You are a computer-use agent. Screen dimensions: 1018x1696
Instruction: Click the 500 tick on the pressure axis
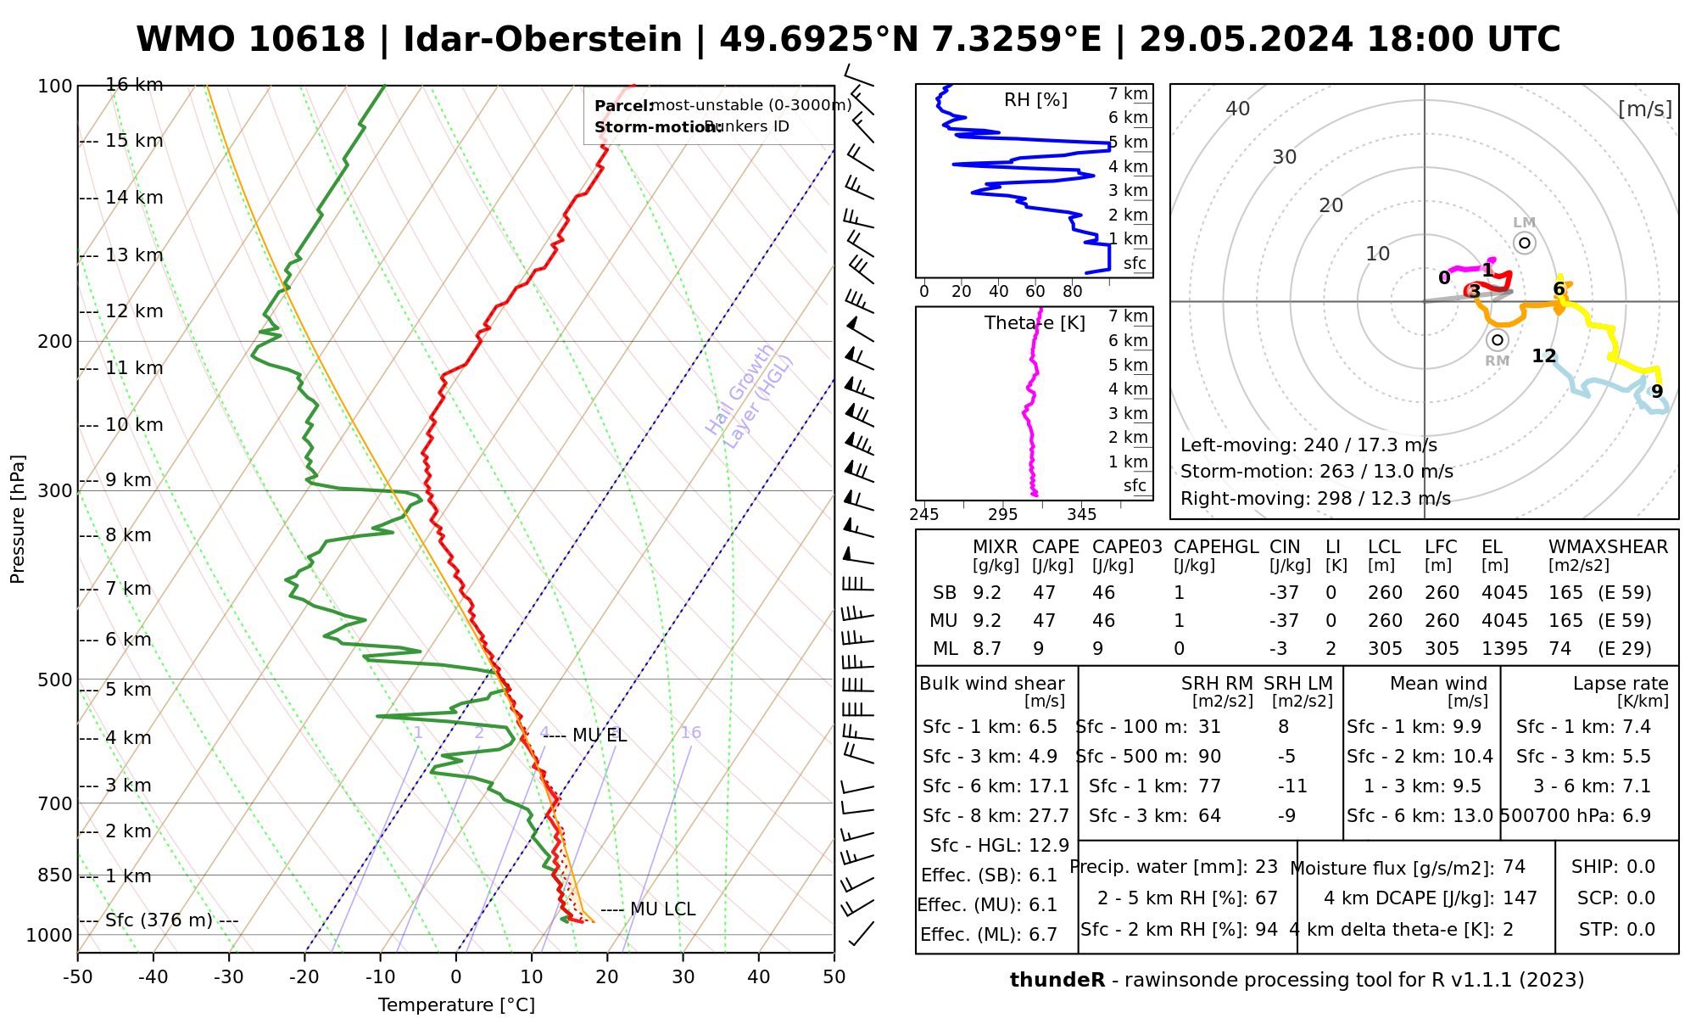pos(55,680)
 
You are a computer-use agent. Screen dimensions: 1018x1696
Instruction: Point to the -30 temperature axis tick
pos(229,976)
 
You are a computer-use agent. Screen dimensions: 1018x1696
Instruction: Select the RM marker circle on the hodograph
pos(1498,340)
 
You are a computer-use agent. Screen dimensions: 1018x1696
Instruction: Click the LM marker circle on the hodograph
pos(1525,243)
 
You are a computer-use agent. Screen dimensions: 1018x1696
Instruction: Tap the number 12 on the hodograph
pos(1544,356)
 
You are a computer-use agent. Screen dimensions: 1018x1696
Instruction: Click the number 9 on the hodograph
pos(1656,392)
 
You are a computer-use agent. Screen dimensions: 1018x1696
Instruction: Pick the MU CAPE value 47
pos(1045,621)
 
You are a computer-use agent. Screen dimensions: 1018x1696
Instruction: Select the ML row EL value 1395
pos(1504,649)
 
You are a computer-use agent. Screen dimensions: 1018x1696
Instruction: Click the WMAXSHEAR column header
pos(1608,547)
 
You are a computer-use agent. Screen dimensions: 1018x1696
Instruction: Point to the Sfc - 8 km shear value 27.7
pos(1047,816)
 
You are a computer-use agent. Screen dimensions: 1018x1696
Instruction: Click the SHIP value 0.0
pos(1641,867)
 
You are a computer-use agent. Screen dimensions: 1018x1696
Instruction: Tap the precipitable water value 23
pos(1266,867)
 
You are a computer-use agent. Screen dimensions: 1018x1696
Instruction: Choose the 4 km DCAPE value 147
pos(1522,898)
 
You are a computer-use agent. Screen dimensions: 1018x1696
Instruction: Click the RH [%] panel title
pos(1035,100)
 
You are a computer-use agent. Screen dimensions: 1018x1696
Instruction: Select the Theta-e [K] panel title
pos(1035,323)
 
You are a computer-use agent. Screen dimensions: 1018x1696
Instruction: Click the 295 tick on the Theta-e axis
pos(1002,514)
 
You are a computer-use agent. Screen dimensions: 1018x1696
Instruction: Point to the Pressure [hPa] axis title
pos(18,519)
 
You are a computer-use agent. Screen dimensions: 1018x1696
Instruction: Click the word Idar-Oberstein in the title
pos(543,40)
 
